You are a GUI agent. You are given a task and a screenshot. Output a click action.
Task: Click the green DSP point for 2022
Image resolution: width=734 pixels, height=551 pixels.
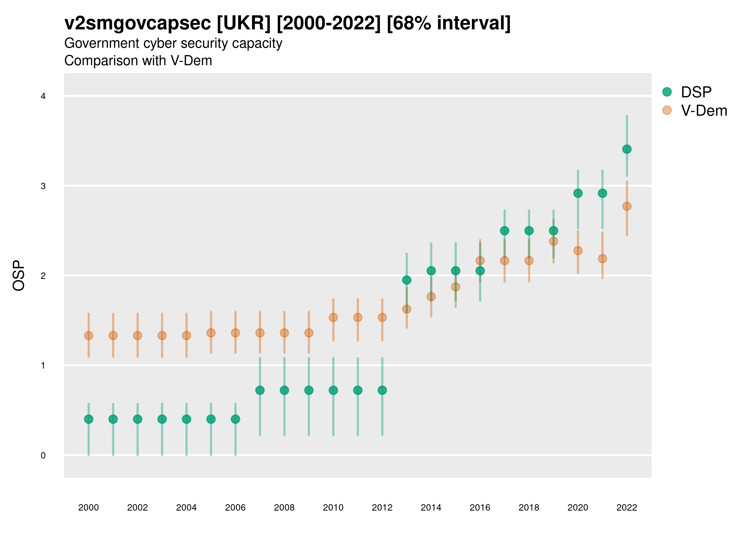coord(626,149)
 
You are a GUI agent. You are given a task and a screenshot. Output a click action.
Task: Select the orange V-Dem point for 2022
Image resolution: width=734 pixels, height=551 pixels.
coord(626,206)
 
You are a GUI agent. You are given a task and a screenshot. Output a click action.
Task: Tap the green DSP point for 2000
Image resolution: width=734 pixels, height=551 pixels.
coord(89,419)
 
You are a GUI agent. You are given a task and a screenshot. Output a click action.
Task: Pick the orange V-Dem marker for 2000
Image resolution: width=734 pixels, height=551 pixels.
coord(89,335)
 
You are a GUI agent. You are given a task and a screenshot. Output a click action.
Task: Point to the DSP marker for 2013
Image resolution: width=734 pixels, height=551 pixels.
coord(406,280)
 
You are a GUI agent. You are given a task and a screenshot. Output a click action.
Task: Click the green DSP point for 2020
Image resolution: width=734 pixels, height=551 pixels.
coord(578,193)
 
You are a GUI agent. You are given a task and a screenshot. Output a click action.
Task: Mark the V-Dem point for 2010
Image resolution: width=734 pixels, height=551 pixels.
coord(333,317)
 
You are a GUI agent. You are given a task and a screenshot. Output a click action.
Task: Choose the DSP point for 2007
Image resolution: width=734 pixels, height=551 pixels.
coord(260,390)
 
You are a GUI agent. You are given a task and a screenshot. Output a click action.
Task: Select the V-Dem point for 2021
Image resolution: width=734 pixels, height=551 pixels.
coord(602,258)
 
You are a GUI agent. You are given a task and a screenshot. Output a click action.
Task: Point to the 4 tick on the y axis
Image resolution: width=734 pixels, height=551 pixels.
coord(43,96)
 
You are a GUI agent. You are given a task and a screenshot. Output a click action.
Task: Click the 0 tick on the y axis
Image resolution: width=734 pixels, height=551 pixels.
coord(43,455)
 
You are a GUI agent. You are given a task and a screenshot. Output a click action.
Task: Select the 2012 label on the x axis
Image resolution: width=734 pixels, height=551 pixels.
coord(382,508)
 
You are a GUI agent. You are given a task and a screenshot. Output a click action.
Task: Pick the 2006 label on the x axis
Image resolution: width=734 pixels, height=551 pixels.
coord(235,508)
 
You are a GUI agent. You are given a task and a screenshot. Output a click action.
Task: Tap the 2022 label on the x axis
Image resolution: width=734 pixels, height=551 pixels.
coord(626,508)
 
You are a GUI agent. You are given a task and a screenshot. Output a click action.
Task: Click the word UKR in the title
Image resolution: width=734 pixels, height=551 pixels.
coord(244,23)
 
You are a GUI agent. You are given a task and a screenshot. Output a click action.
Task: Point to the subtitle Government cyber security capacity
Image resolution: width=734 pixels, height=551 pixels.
coord(173,43)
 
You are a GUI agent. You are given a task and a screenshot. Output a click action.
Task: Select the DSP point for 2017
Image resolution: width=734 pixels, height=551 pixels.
coord(504,231)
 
